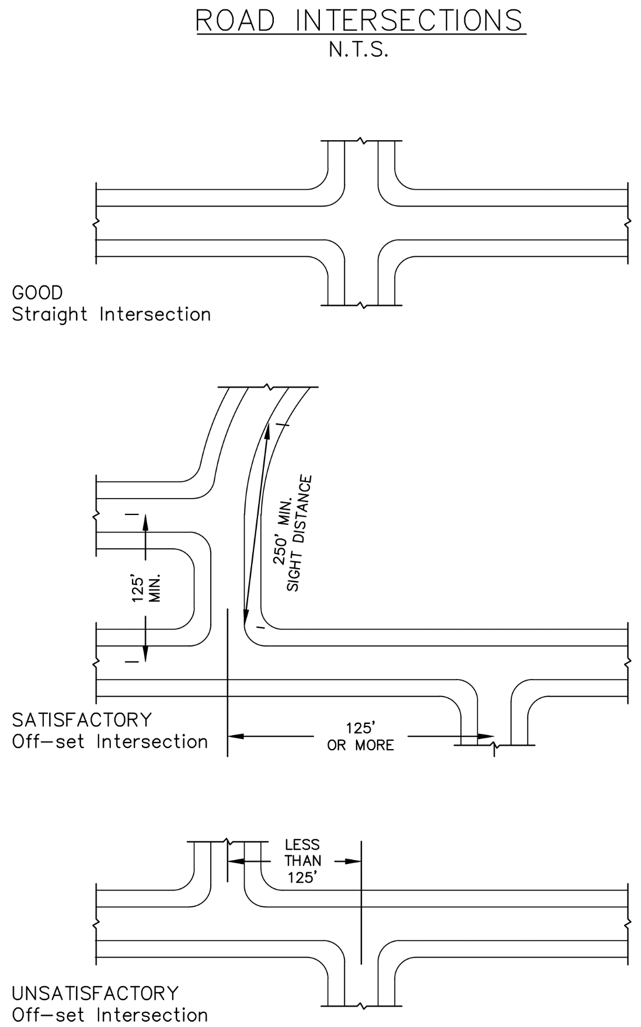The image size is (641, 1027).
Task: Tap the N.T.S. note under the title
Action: tap(358, 50)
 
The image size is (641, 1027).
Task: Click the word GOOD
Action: tap(37, 293)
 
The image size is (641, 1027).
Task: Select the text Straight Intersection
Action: tap(111, 315)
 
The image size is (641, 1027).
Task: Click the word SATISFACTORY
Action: tap(82, 720)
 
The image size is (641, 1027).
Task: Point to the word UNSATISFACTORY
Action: tap(95, 993)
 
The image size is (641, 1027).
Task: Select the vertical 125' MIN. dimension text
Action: tap(145, 589)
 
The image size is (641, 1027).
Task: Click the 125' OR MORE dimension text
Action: tap(360, 737)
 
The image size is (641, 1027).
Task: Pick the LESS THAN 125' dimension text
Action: tap(302, 861)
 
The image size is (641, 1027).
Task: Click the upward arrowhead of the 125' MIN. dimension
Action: tap(145, 521)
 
